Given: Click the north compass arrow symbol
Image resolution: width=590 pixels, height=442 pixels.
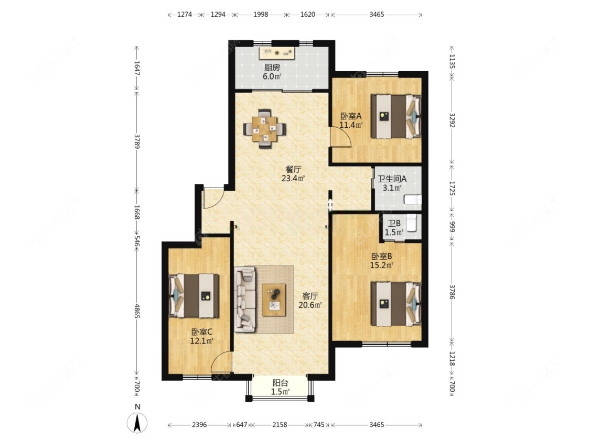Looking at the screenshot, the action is pos(137,423).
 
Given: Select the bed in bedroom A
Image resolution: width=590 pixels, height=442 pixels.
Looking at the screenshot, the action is pos(396,116).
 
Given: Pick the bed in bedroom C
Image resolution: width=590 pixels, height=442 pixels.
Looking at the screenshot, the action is pos(194,296).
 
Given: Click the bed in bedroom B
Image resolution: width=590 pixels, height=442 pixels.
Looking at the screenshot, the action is pos(396,304).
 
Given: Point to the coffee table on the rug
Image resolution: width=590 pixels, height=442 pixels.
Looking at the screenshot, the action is pos(274,300).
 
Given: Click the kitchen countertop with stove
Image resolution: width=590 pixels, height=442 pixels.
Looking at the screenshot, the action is pos(277,53).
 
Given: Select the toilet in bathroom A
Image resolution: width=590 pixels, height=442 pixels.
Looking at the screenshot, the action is pos(413,199).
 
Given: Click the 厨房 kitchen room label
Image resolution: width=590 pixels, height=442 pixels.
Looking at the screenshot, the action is pos(272,68).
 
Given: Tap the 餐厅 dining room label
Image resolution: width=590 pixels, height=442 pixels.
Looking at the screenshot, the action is pos(294,169).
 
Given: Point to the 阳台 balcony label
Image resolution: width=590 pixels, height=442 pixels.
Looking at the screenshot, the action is pos(281,383).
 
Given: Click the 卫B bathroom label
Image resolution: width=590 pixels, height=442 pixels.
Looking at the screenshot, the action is pos(394,223).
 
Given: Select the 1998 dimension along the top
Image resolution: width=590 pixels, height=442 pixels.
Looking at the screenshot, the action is pos(260,15).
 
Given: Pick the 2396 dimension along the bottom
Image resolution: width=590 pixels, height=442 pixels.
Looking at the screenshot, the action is pos(199,425).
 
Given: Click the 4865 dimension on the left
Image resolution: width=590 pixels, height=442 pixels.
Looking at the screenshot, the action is pos(137,311).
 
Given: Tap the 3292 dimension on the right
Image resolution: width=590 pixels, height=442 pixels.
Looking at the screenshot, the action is pos(452,120).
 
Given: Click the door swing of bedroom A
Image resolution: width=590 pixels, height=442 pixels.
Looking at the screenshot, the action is pos(340,137).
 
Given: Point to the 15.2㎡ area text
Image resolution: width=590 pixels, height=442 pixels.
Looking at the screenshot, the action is pos(382,266).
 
